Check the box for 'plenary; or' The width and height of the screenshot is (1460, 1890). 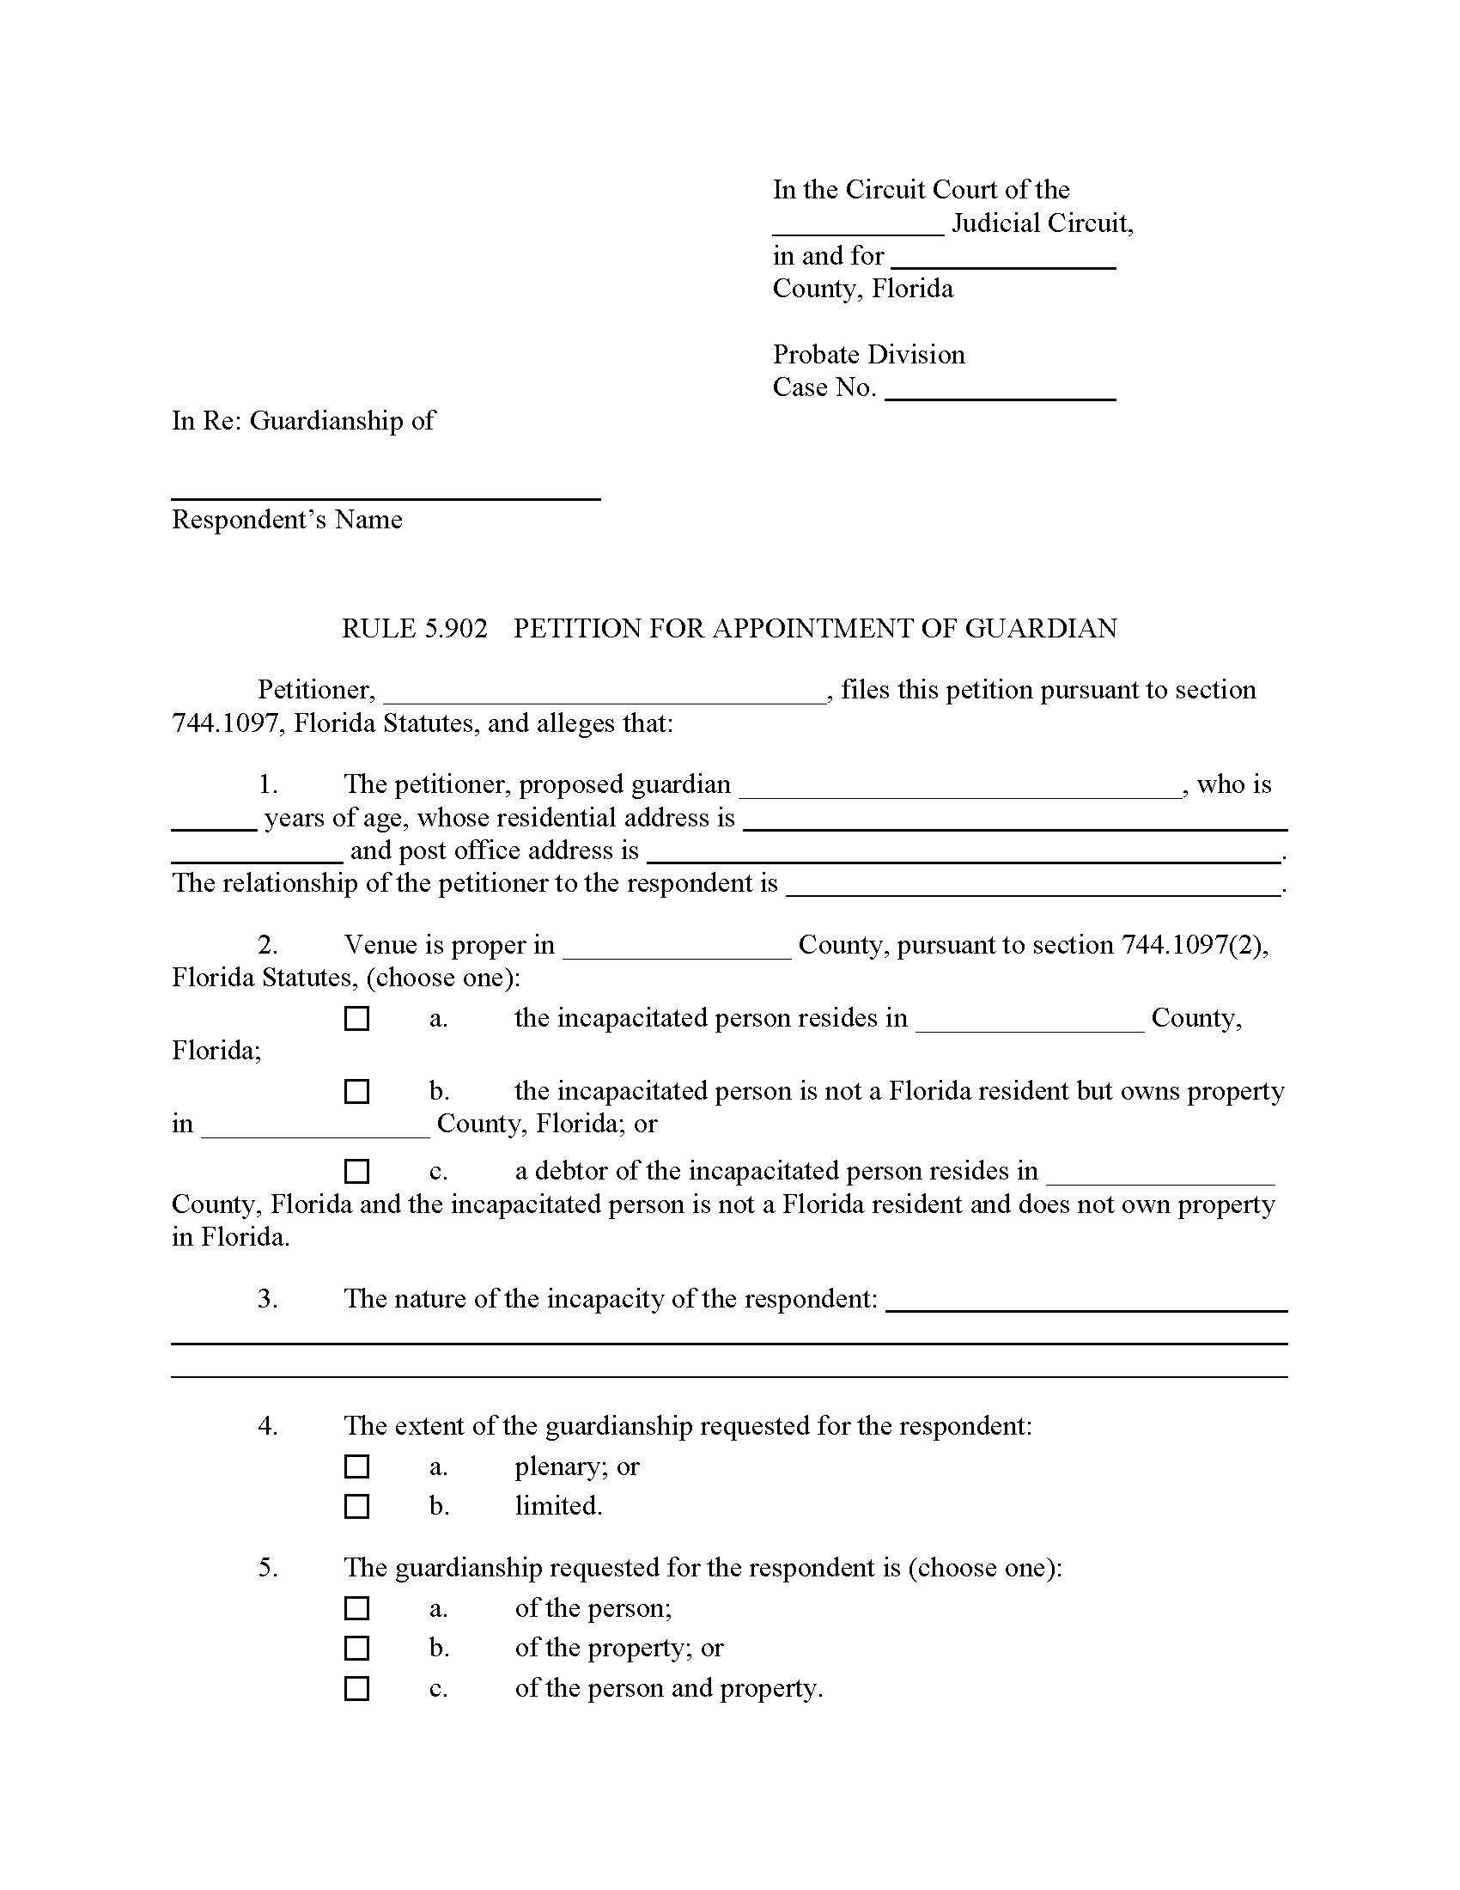point(356,1466)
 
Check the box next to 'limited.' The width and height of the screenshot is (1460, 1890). point(356,1506)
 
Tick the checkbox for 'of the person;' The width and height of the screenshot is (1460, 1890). point(356,1608)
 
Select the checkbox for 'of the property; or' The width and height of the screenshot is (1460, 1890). point(356,1648)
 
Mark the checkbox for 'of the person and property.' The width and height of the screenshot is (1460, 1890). point(356,1688)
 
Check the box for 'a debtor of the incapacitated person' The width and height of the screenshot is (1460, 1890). point(356,1171)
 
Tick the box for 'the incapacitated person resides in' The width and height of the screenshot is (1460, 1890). point(356,1018)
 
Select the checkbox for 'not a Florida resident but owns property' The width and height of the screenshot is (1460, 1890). point(356,1091)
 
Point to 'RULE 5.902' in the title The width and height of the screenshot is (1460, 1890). point(414,628)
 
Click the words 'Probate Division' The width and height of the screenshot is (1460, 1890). point(868,355)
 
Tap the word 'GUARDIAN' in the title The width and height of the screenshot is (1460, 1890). point(1041,628)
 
